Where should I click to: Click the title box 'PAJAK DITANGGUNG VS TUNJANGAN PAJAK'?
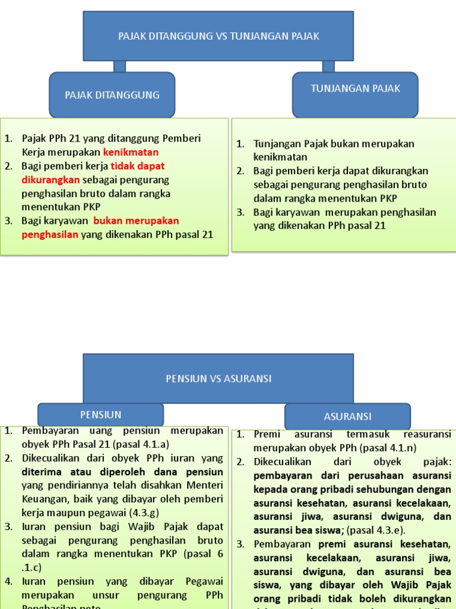click(x=218, y=36)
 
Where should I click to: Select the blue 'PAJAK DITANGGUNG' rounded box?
click(x=112, y=95)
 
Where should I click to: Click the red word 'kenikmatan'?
click(x=131, y=152)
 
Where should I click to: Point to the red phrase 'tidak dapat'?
click(x=138, y=165)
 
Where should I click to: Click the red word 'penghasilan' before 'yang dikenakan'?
click(x=50, y=234)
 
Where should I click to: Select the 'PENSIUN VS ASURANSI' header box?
click(x=218, y=378)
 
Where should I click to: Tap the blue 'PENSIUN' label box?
click(x=100, y=415)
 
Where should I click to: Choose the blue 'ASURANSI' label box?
click(x=347, y=416)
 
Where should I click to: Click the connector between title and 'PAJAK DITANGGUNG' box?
click(x=119, y=66)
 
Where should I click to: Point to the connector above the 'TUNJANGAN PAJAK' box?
click(x=328, y=66)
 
